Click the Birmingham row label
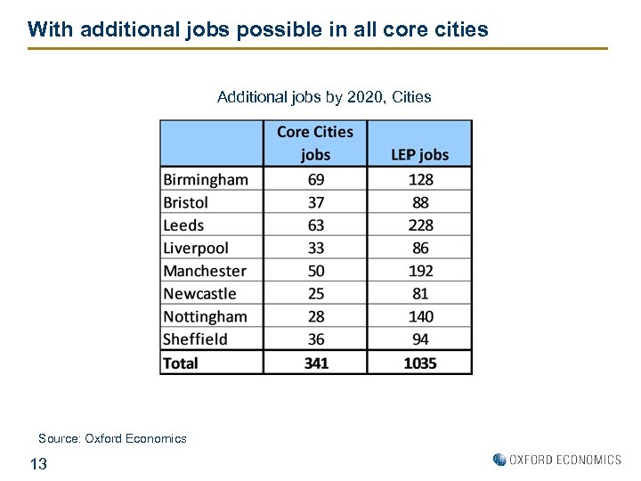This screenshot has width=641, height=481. [206, 180]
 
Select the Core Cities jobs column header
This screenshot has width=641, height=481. [315, 143]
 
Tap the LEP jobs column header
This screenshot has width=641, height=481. [420, 155]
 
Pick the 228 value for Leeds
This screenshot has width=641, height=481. [420, 225]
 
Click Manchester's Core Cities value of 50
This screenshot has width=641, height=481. [315, 271]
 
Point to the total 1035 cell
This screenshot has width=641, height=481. [420, 363]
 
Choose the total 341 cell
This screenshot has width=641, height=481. [315, 363]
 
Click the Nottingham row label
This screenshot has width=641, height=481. [205, 316]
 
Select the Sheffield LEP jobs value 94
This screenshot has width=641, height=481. [420, 339]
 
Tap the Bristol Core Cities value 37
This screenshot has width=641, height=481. [315, 202]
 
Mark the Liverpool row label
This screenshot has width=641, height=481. [196, 248]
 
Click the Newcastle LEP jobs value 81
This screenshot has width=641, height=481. [420, 293]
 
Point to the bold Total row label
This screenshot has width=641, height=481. [181, 363]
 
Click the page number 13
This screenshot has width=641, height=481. [38, 463]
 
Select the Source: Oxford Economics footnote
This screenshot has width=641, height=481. [112, 438]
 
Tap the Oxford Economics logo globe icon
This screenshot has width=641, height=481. [499, 460]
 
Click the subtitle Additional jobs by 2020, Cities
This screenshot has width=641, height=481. [324, 97]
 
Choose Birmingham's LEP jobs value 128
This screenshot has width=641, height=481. [420, 180]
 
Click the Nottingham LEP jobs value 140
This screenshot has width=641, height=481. [420, 316]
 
